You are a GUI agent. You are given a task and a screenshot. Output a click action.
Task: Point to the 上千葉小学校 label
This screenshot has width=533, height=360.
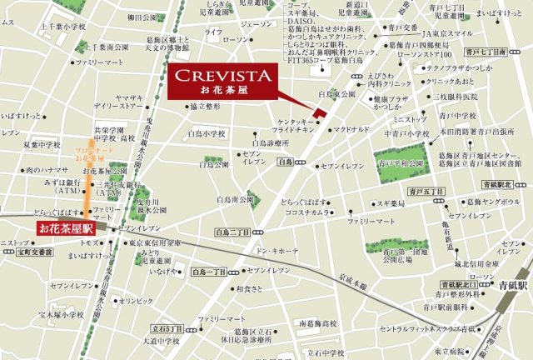pos(39,27)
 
